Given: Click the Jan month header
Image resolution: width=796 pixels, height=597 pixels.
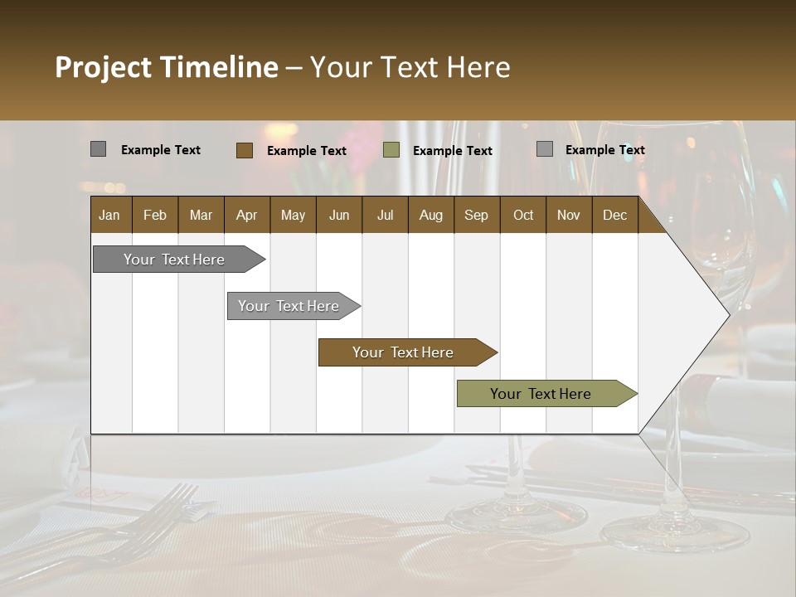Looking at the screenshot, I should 109,215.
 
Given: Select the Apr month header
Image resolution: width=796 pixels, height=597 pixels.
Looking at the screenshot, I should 246,215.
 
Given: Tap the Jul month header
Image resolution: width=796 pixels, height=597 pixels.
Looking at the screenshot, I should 385,215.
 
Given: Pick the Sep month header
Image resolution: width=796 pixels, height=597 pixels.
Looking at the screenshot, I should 476,215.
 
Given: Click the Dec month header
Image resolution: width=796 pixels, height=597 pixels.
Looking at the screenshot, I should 614,215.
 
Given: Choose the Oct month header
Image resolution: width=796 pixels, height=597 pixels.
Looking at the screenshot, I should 523,215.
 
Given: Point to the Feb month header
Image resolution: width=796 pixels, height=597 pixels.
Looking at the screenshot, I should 155,215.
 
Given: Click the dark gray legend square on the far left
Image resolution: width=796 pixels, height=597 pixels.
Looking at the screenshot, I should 98,149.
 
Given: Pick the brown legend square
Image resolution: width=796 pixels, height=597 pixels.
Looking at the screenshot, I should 244,150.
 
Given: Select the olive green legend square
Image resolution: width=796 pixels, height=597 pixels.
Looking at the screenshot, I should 391,150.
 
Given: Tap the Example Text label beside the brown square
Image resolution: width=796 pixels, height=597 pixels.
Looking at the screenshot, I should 306,150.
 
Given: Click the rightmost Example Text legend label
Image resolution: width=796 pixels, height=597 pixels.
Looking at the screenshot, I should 604,149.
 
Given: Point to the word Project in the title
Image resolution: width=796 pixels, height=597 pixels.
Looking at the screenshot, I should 103,67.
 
